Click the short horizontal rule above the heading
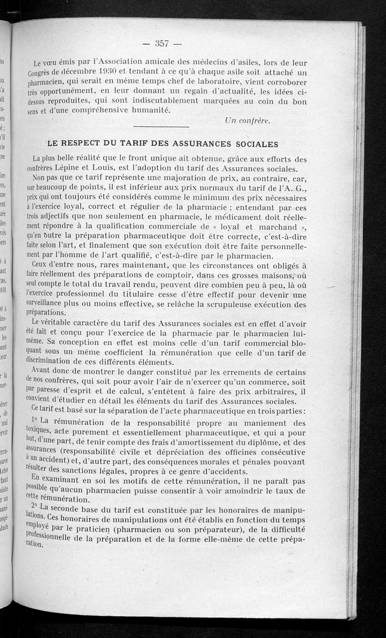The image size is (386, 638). click(x=161, y=127)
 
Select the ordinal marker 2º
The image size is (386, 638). click(x=35, y=505)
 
